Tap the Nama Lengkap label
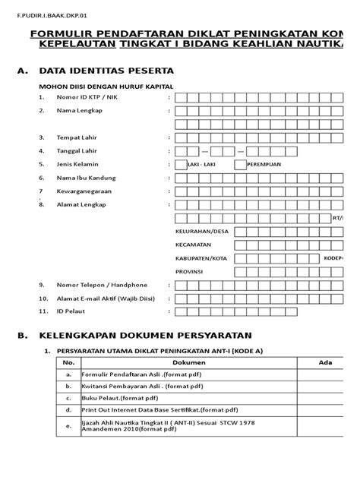[x=79, y=111]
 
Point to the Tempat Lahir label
[x=77, y=137]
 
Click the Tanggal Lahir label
[x=79, y=151]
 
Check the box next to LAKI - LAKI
[x=180, y=164]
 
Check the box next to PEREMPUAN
[x=240, y=164]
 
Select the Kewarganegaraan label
[x=87, y=191]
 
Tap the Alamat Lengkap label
[x=82, y=205]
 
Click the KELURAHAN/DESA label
[x=201, y=232]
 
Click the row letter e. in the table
[x=69, y=426]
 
